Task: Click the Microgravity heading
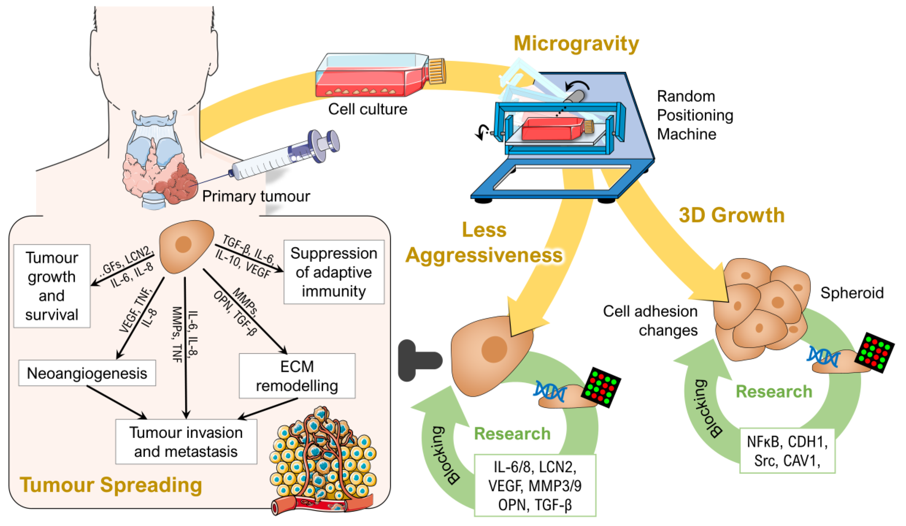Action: pyautogui.click(x=576, y=44)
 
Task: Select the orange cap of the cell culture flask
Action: pyautogui.click(x=437, y=71)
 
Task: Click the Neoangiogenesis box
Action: pyautogui.click(x=87, y=373)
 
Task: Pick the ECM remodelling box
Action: pyautogui.click(x=297, y=376)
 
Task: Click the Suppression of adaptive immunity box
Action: pyautogui.click(x=334, y=272)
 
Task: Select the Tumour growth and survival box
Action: pyautogui.click(x=52, y=286)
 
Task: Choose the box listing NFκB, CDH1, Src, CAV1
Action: pyautogui.click(x=787, y=451)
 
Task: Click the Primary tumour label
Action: pyautogui.click(x=256, y=196)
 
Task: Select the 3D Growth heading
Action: pyautogui.click(x=731, y=215)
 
